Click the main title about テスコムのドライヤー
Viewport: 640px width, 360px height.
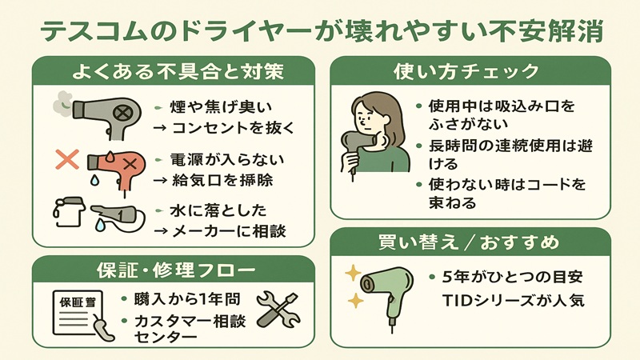point(320,31)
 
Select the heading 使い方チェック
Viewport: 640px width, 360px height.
point(470,72)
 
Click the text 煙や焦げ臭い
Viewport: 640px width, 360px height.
point(211,107)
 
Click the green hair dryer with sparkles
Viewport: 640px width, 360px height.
point(385,289)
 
